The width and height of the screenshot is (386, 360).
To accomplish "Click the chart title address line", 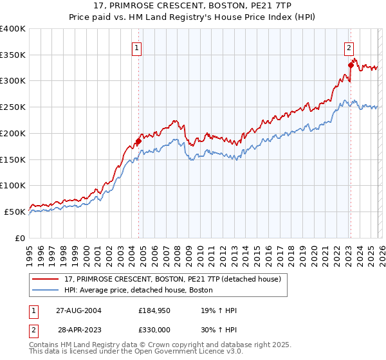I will [x=192, y=6].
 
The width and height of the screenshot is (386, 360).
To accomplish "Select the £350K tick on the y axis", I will [x=13, y=55].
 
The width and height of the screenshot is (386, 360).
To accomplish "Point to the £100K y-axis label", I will [x=13, y=185].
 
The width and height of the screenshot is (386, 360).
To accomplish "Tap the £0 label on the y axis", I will [x=19, y=237].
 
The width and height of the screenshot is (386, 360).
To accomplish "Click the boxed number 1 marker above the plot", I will [x=138, y=47].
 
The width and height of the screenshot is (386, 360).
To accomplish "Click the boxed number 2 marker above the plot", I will [x=349, y=47].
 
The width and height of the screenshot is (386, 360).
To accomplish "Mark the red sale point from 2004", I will [x=138, y=141].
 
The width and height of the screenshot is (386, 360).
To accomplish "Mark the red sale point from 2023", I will [x=351, y=65].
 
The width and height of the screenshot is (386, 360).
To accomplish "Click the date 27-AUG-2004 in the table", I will [x=78, y=310].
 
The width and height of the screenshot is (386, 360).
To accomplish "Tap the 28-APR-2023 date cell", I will [x=78, y=329].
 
